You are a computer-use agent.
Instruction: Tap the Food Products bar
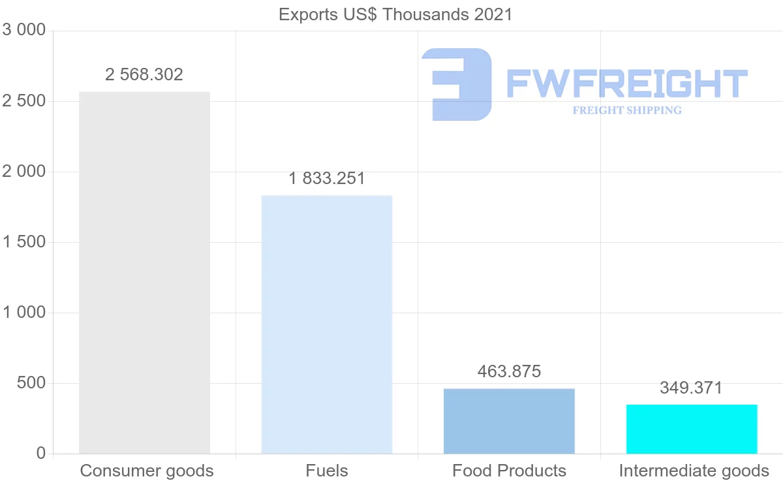(509, 421)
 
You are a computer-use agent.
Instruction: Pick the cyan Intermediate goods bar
(692, 429)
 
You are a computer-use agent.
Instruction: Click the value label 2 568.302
(144, 74)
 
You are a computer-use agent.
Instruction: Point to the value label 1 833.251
(326, 178)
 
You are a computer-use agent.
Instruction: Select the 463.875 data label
(509, 371)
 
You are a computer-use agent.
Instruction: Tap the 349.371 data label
(691, 388)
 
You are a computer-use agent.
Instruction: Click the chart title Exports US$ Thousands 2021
(395, 14)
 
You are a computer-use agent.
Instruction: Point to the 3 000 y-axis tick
(24, 30)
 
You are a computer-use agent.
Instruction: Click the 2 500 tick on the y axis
(24, 101)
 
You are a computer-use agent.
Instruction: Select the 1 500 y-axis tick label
(24, 242)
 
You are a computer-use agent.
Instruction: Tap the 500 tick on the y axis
(31, 383)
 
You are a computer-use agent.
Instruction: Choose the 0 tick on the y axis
(40, 453)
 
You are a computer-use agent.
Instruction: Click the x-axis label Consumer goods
(147, 471)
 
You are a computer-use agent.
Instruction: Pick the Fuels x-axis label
(326, 471)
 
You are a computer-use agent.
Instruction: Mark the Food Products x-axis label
(509, 471)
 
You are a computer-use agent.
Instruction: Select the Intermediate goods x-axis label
(694, 471)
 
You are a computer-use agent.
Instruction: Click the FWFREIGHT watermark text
(626, 84)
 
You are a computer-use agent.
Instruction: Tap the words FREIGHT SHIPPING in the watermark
(626, 110)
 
